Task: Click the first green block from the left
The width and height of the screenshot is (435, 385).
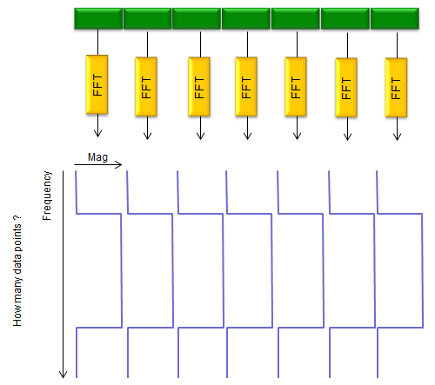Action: click(98, 18)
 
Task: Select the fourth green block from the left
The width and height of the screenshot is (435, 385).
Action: click(246, 18)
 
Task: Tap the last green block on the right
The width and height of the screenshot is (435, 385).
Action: click(395, 18)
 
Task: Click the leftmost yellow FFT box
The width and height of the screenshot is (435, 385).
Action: click(97, 84)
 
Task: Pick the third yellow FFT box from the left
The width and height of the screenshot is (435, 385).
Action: click(199, 87)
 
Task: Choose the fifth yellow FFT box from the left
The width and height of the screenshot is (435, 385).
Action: click(296, 87)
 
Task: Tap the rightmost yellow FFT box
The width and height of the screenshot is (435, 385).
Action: click(396, 88)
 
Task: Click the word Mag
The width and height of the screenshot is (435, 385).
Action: click(97, 157)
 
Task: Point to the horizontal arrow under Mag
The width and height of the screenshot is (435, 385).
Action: click(98, 165)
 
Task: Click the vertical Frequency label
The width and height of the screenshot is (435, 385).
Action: click(47, 196)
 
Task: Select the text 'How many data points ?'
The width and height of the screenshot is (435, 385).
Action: click(17, 271)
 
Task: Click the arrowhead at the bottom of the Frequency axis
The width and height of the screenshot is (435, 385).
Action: click(64, 375)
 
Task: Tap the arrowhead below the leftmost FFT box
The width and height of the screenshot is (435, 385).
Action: click(97, 133)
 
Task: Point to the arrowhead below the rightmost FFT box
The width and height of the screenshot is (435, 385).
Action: click(397, 136)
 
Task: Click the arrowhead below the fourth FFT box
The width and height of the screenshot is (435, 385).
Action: click(247, 136)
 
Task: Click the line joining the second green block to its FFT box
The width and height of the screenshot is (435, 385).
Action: click(147, 44)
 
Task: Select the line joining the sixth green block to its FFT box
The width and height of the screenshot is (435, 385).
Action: click(347, 45)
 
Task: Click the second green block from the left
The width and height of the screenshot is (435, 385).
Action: click(148, 18)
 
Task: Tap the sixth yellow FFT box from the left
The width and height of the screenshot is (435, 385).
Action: click(346, 88)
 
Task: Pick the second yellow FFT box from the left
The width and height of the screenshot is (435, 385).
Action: click(146, 87)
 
